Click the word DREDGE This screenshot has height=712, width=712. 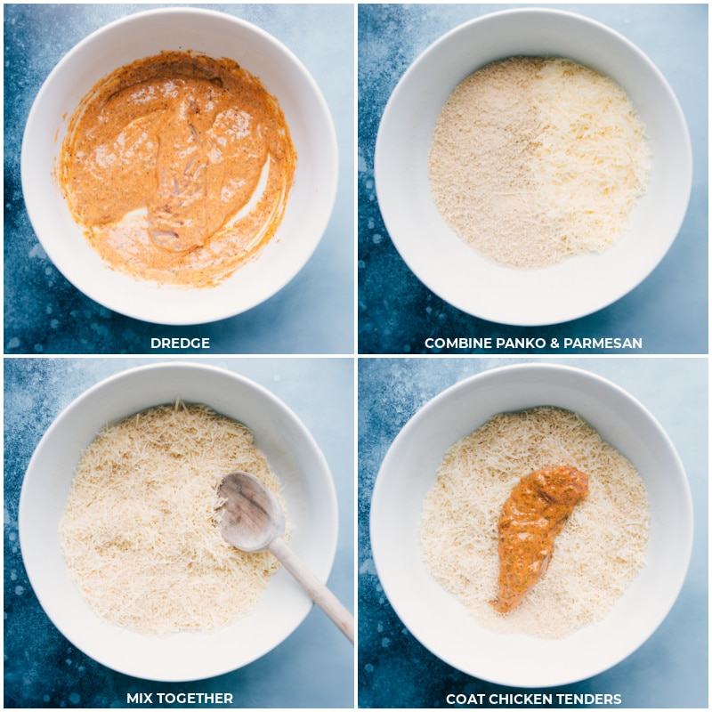coord(180,343)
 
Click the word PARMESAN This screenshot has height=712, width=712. coord(603,343)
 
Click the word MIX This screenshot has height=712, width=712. coord(140,698)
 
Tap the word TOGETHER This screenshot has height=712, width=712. coord(194,698)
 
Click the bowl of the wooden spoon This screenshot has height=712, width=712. coord(250,511)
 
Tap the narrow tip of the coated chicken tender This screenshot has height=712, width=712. coord(496,607)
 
